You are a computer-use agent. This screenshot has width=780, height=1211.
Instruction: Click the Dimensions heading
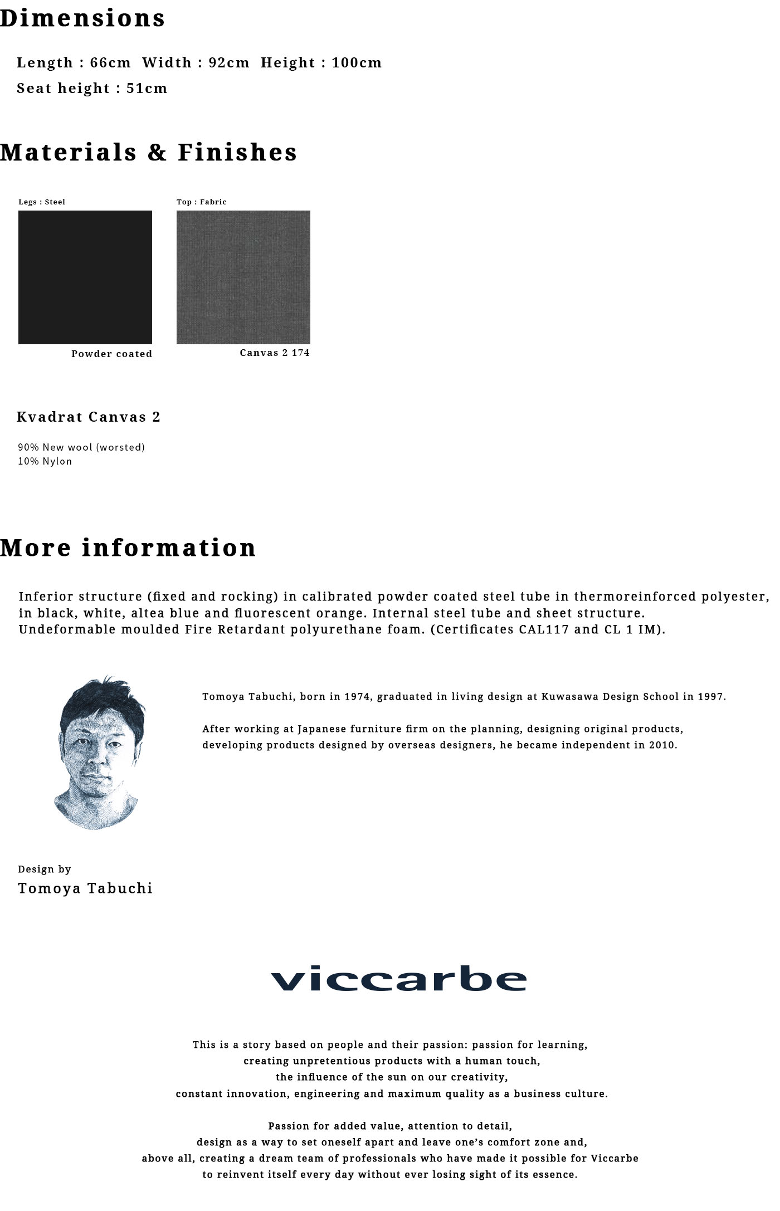tap(82, 18)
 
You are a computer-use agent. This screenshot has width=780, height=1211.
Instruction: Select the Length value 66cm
tap(110, 62)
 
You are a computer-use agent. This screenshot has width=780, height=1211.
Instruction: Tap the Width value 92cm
tap(229, 62)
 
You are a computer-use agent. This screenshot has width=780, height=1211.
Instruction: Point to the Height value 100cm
tap(357, 62)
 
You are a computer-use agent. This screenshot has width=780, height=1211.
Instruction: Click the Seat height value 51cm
tap(147, 88)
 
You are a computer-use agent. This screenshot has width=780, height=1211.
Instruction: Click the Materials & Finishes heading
tap(148, 152)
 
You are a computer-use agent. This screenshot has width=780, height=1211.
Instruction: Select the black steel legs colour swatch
tap(85, 277)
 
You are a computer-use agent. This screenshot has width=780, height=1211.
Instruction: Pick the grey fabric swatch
tap(243, 277)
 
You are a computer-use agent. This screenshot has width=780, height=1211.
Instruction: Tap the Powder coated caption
tap(111, 354)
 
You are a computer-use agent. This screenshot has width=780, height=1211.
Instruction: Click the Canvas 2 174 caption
tap(275, 353)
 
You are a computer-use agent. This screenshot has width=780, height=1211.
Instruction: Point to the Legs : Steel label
tap(42, 202)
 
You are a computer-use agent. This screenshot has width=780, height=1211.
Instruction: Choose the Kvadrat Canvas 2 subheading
tap(89, 417)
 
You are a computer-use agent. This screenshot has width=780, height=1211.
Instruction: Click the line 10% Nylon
tap(45, 461)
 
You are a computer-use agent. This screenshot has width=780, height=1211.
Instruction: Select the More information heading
tap(128, 548)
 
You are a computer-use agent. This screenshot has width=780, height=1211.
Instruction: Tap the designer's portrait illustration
tap(99, 752)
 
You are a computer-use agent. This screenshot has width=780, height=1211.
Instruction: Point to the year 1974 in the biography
tap(357, 696)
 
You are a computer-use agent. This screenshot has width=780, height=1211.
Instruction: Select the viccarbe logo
tap(398, 979)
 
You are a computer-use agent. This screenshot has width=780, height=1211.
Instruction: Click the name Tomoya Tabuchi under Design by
tap(85, 888)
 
